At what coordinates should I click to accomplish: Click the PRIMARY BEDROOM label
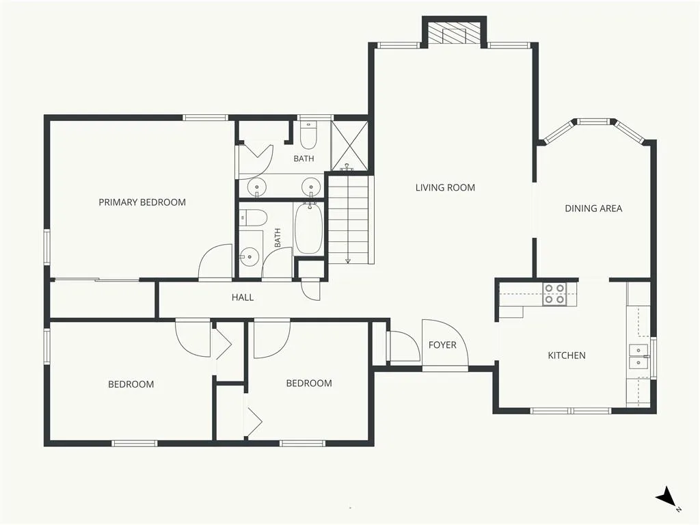142,202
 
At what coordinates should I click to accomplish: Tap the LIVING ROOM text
445,187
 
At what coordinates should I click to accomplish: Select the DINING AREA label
593,208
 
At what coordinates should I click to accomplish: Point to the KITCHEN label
567,355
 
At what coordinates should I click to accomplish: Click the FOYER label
442,345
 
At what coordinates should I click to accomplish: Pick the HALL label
243,297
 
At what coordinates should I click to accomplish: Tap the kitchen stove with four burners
554,295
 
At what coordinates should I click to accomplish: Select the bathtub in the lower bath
308,228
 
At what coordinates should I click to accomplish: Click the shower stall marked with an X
349,146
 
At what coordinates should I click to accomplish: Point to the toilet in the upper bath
308,135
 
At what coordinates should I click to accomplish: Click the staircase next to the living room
349,219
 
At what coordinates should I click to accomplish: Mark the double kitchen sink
639,356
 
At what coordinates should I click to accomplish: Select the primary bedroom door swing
215,262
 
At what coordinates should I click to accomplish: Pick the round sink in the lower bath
248,257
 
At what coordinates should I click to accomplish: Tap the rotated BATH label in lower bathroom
278,237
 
